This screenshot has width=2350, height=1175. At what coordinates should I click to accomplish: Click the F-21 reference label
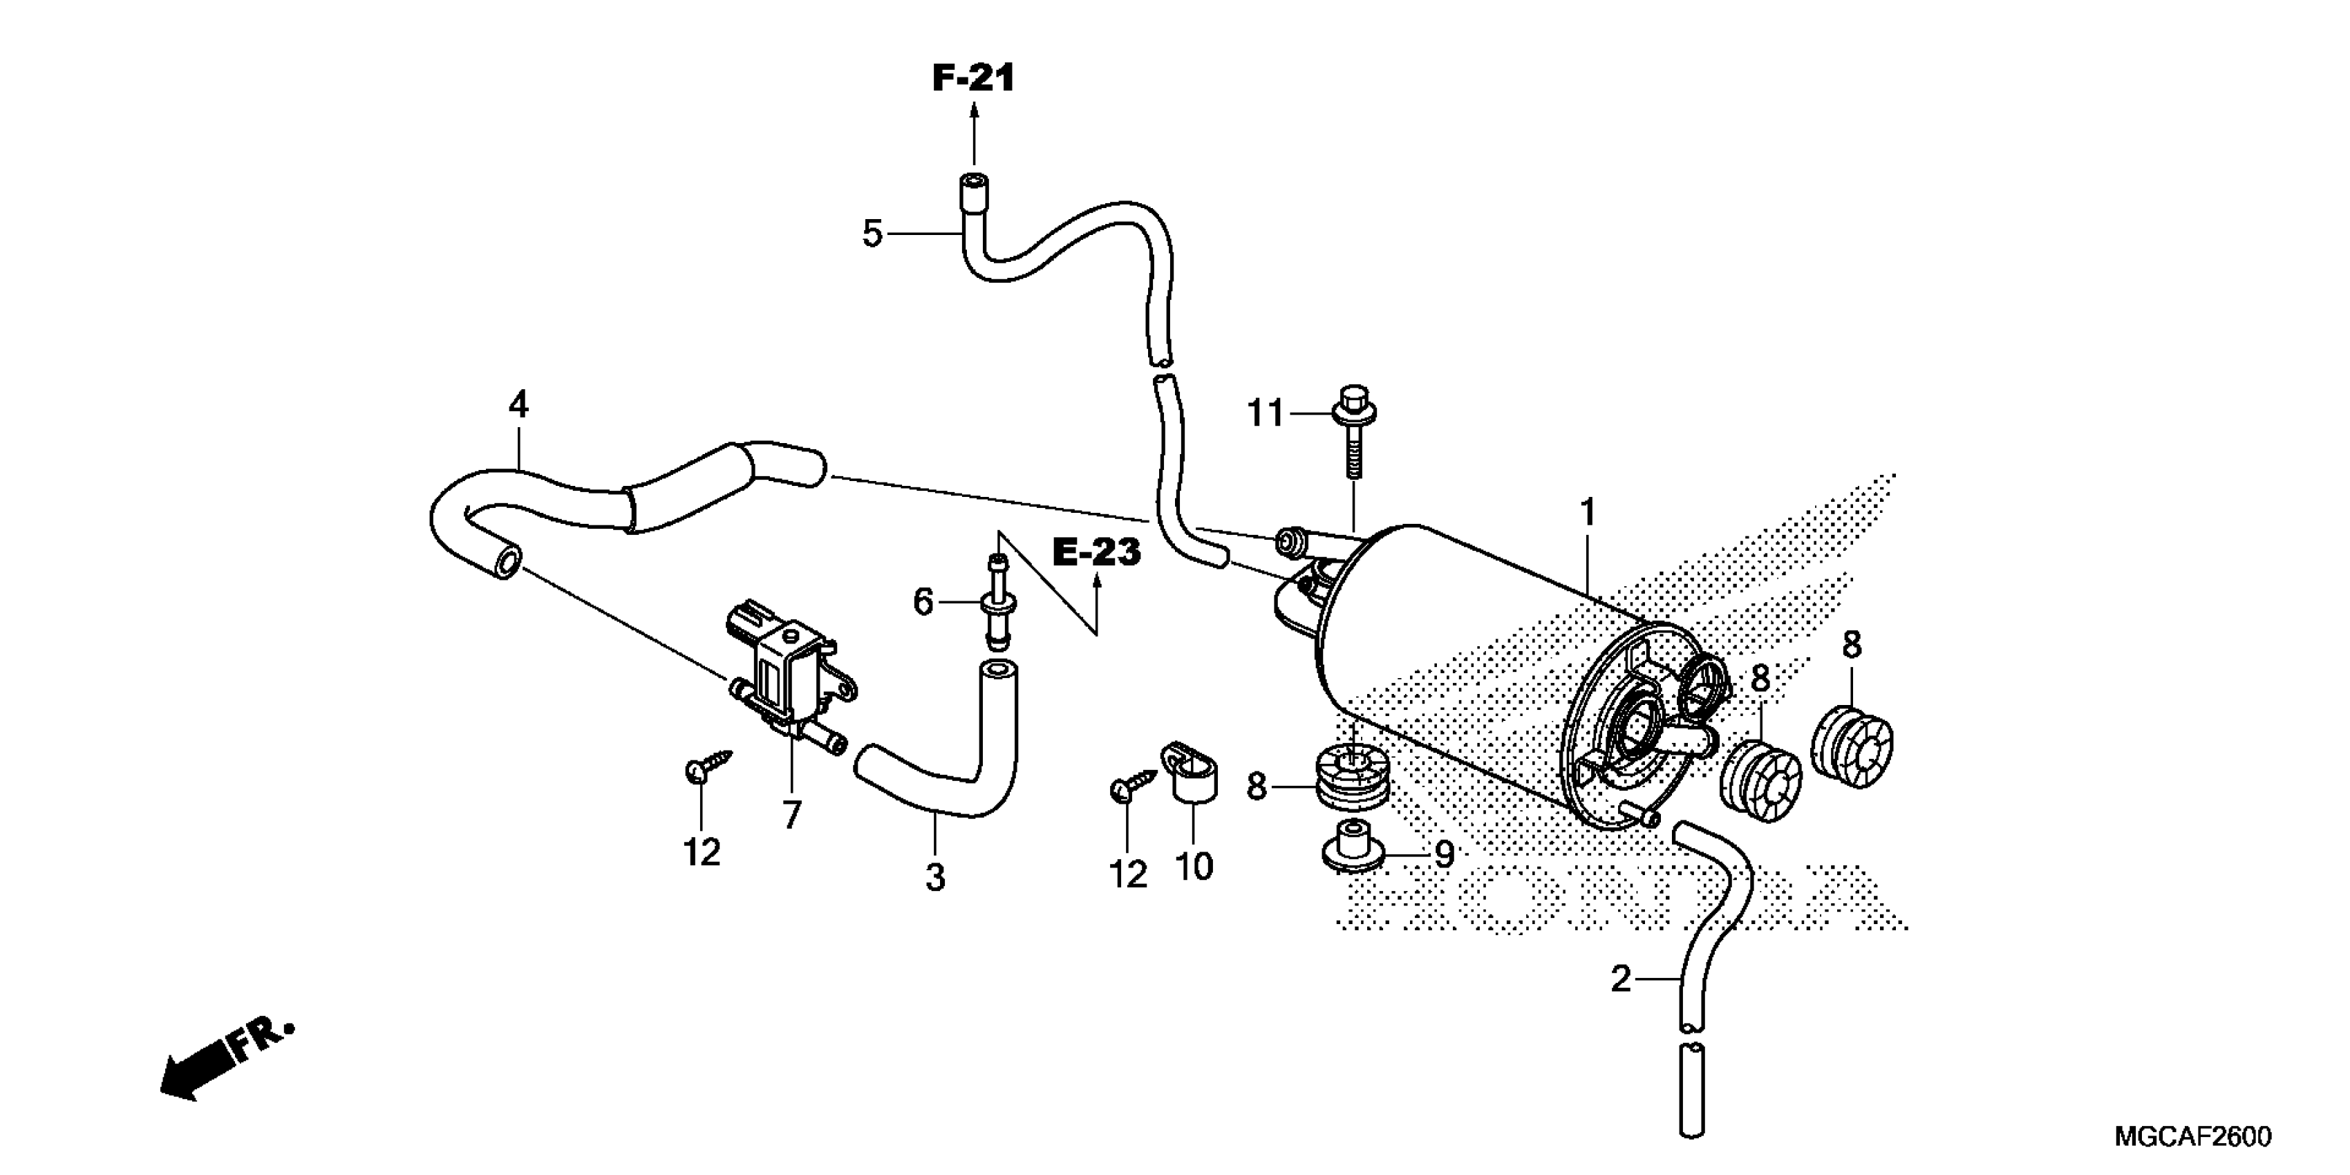972,79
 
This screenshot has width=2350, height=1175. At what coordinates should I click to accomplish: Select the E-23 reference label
1096,552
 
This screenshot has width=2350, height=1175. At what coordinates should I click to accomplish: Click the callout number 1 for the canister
1588,513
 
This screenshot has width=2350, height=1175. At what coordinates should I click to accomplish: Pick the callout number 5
872,234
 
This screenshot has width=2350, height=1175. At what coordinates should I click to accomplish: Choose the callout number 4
518,404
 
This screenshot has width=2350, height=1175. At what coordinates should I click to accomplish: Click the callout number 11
1266,414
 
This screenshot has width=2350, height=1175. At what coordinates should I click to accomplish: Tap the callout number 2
1621,979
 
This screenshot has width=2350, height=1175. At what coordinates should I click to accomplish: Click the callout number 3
935,878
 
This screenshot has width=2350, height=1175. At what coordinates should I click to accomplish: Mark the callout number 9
1444,855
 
